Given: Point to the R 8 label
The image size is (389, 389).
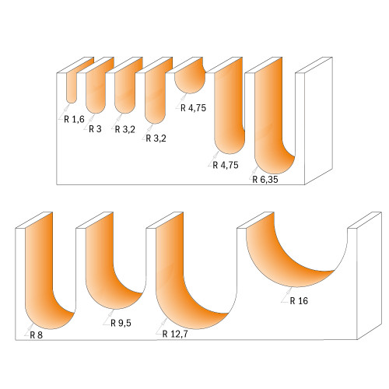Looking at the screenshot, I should (x=35, y=336).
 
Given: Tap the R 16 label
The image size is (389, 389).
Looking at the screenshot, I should (x=299, y=300).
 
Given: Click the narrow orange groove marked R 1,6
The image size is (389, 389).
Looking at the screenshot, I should (x=72, y=89).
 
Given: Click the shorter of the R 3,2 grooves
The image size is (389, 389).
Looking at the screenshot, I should (x=124, y=95).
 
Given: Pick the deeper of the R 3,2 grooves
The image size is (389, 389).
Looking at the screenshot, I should (x=154, y=100).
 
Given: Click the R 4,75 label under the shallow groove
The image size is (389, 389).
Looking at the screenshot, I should (x=192, y=108).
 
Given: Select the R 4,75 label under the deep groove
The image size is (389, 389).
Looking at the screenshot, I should (x=225, y=164).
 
